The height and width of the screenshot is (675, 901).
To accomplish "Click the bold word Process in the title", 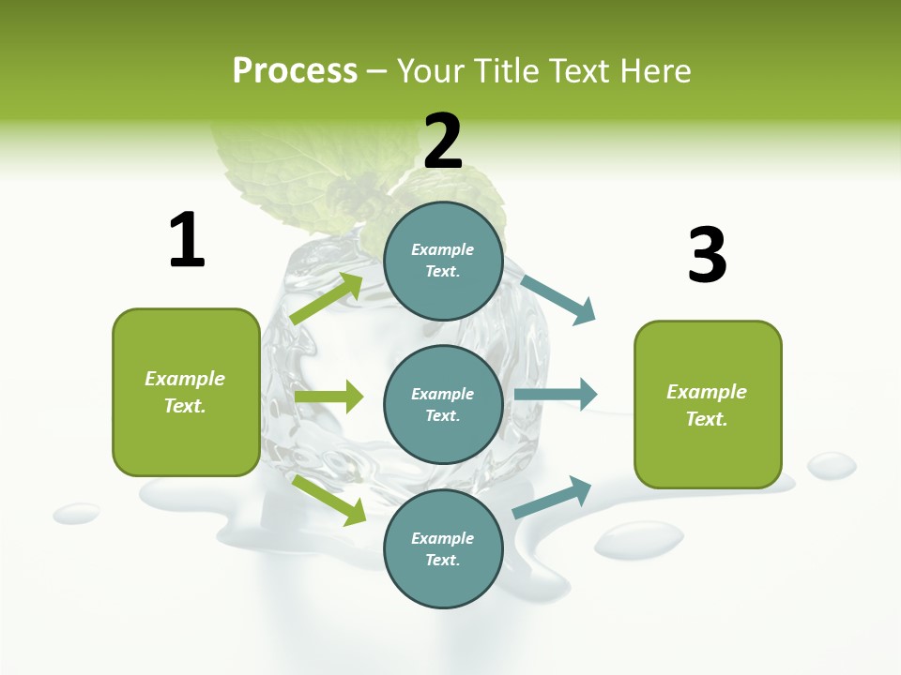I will point(295,71).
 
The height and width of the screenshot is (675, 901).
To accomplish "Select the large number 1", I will point(187,240).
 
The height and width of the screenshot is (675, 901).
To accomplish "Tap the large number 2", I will point(443,141).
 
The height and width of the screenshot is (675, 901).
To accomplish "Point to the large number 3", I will point(708,255).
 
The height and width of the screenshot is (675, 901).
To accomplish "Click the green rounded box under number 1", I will point(186,392).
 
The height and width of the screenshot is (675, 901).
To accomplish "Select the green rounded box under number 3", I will point(708,404).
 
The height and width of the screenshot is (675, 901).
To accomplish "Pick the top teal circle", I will point(443,261).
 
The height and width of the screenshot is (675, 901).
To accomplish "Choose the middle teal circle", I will point(443,404).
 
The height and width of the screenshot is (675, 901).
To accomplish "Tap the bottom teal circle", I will point(443,548).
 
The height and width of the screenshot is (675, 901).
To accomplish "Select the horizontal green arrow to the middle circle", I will point(328,397).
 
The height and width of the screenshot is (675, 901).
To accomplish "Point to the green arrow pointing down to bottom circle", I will point(329,499).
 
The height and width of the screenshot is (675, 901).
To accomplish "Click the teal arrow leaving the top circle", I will point(559,300).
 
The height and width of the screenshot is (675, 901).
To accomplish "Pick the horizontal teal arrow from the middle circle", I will point(556,394).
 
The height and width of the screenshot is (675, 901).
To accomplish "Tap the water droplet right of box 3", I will point(832,464).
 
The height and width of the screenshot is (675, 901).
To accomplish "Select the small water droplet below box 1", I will point(76,513).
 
